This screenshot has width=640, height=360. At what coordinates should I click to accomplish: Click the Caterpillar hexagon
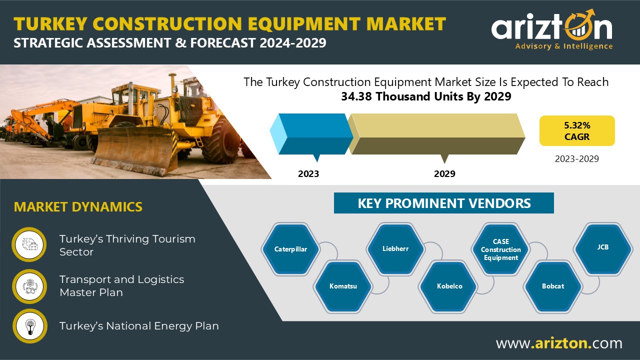tap(290, 249)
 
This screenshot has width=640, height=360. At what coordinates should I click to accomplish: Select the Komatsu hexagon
tap(343, 286)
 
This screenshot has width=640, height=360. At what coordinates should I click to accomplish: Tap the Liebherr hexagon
tap(395, 249)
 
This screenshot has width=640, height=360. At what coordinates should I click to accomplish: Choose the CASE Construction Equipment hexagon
tap(500, 249)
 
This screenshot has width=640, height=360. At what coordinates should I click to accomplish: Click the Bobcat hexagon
tap(553, 286)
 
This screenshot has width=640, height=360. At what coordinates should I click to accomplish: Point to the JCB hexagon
tap(603, 248)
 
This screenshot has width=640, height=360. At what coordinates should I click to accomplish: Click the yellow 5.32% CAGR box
tap(577, 130)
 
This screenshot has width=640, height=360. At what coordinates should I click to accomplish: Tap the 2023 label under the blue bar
tap(308, 173)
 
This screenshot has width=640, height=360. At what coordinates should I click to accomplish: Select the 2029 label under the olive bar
tap(444, 173)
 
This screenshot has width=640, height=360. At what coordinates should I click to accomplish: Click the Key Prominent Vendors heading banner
tap(443, 203)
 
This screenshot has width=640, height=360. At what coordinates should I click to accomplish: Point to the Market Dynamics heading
tap(78, 207)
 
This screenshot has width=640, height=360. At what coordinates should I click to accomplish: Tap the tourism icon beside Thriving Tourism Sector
tap(29, 244)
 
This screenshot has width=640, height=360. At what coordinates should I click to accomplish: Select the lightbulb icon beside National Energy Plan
tap(29, 326)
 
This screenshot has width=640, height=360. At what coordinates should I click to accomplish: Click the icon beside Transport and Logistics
tap(29, 286)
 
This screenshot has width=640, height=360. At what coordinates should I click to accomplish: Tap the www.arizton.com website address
tap(559, 343)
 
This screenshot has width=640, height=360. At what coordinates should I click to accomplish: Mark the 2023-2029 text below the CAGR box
tap(577, 159)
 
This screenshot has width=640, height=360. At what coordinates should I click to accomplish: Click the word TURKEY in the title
tap(50, 23)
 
